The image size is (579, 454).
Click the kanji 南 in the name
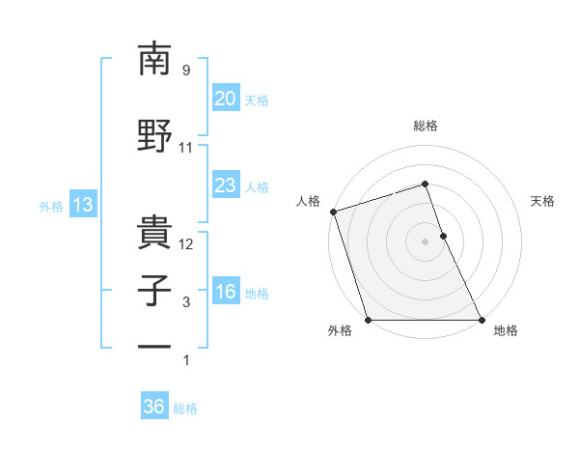click(155, 60)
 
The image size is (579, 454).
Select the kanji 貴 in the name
click(155, 230)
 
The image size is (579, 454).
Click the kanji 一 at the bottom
click(155, 346)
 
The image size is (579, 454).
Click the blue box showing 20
click(225, 99)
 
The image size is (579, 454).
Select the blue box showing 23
click(225, 185)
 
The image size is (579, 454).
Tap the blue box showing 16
click(225, 292)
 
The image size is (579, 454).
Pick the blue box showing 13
click(82, 205)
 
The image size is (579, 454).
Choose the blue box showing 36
click(153, 407)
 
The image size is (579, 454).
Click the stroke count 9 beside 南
click(185, 71)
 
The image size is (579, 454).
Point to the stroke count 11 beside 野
click(186, 148)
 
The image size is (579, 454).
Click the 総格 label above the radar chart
click(425, 126)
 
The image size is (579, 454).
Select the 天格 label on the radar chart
click(543, 201)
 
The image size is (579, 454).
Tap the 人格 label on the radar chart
click(309, 201)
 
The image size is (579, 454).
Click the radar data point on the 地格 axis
click(482, 320)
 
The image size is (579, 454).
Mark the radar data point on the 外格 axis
click(368, 320)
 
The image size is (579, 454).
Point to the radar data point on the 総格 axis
click(425, 184)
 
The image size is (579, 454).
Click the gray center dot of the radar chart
click(425, 241)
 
